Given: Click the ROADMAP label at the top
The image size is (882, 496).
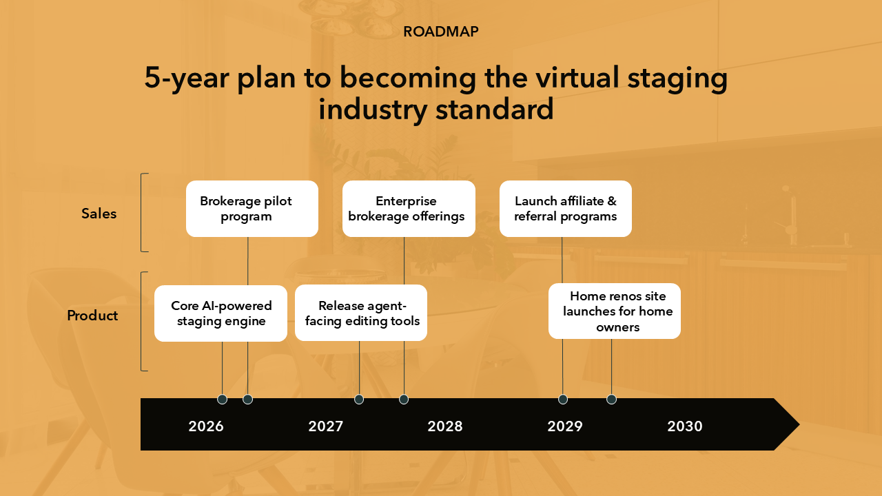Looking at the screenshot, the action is coord(440,32).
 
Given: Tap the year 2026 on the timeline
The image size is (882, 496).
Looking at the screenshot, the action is coord(206,426).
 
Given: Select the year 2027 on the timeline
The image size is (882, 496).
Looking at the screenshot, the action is coord(326,426).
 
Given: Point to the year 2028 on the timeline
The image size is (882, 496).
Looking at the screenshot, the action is coord(445,426).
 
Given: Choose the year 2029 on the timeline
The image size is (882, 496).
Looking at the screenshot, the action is coord(564,426).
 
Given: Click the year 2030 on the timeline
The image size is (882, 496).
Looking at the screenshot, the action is coord(685,426).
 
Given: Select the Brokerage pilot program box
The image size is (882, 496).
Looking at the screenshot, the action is coord(252,209).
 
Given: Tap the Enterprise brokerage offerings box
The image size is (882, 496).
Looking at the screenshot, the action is coord(409,209).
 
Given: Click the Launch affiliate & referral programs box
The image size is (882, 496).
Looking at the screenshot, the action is coord(566,209).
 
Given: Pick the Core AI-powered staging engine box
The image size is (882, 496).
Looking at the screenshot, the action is coord(220,313).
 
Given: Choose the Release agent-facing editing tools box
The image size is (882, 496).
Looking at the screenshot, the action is coord(361,313).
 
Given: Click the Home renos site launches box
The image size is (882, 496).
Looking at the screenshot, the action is coord(614,311).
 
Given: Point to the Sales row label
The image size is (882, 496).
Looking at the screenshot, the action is coord(99,214).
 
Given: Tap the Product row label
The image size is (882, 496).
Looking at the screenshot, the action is coord(92,316).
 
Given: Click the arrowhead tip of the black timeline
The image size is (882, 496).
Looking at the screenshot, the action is coord(799,424).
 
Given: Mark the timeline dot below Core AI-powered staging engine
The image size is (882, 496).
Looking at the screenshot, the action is coord(222,400).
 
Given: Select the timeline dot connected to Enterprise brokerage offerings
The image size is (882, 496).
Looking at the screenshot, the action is coord(404,400).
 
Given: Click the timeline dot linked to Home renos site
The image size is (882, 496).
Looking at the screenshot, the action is coord(611,400).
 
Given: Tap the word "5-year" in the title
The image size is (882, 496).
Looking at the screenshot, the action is coord(187,78).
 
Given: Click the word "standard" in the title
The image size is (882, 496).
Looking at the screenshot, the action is coord(494,109).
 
